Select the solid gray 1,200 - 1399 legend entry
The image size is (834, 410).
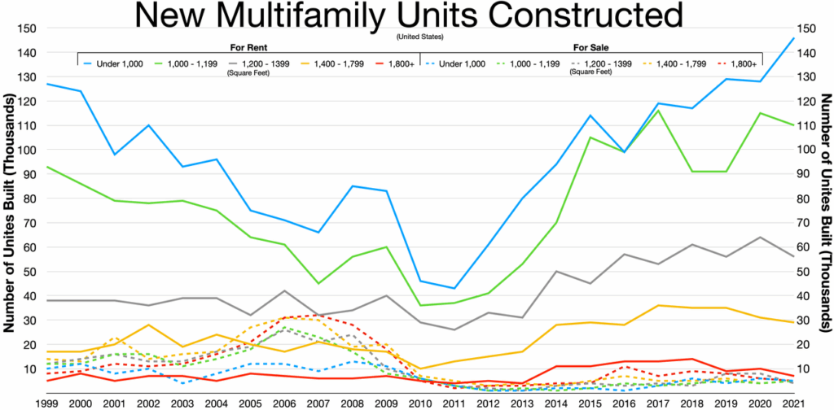point(257,63)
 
